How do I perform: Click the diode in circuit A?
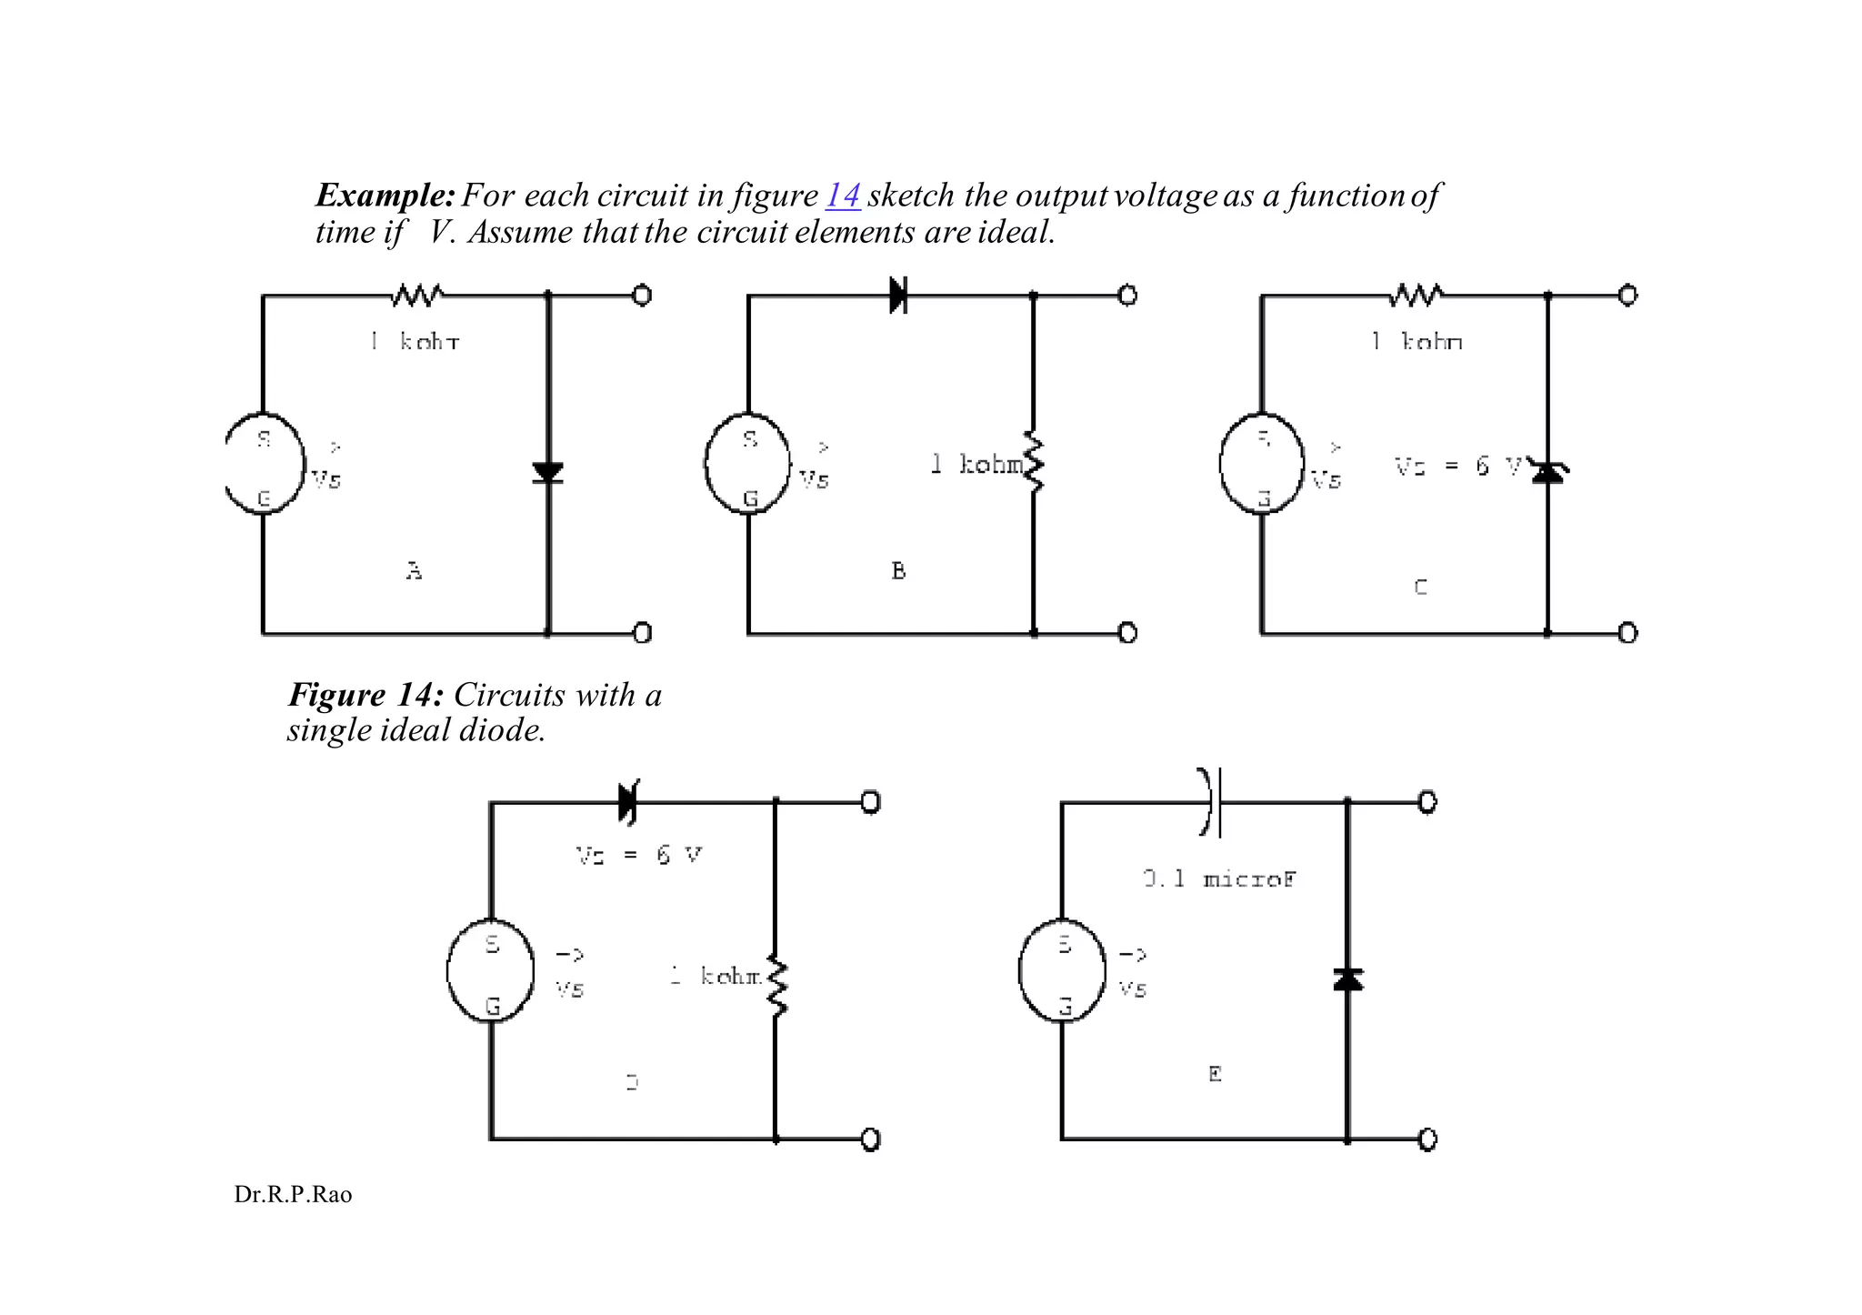(547, 472)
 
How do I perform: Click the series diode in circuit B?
(898, 296)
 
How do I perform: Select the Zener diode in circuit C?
(1547, 471)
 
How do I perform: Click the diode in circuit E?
(1347, 979)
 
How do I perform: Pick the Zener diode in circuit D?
(627, 802)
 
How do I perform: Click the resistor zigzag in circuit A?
(417, 296)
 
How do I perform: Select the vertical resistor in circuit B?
(1034, 462)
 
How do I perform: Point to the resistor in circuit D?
(776, 986)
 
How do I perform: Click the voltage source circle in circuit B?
(747, 464)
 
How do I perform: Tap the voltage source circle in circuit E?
(1062, 970)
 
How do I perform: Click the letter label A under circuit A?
(414, 571)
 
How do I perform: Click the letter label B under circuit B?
(898, 571)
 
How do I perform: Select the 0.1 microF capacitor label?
(1219, 879)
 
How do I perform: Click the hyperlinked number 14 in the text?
(843, 196)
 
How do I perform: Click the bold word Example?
(385, 196)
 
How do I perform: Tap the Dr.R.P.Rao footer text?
(293, 1195)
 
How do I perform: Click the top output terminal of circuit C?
(1627, 296)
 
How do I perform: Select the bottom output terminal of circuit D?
(870, 1139)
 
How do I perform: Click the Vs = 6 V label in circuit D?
(639, 855)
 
